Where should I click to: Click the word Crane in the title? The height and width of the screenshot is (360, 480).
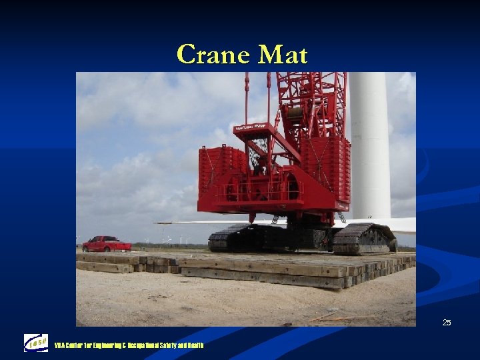pyautogui.click(x=209, y=55)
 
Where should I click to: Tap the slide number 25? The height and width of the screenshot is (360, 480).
pyautogui.click(x=446, y=323)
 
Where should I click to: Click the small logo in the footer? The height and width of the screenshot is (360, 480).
pyautogui.click(x=35, y=343)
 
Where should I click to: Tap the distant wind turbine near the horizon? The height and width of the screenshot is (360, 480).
pyautogui.click(x=167, y=239)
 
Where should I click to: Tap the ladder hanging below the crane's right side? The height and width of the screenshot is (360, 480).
pyautogui.click(x=341, y=217)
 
